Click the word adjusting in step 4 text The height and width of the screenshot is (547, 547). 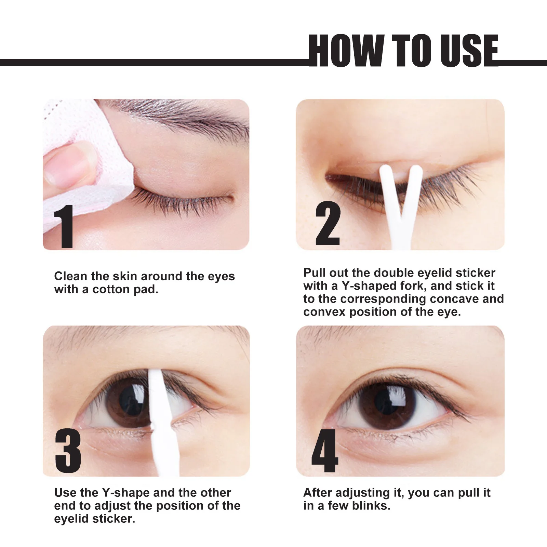[362, 493]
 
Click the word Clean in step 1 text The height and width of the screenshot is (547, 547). [70, 276]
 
